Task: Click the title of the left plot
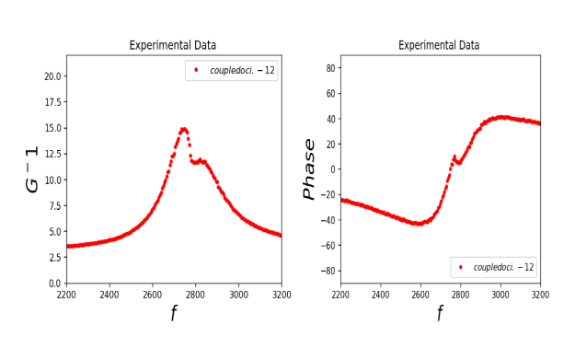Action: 173,45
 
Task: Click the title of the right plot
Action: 439,45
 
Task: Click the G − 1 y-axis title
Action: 33,169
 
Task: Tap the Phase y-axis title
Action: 309,169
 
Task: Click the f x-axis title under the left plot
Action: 173,314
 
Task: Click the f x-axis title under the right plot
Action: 439,314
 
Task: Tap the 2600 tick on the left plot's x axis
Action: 152,295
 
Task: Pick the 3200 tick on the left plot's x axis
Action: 282,295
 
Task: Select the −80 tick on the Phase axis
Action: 327,272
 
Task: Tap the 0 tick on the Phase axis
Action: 333,169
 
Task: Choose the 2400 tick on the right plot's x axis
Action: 380,295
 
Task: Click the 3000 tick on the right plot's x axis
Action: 500,295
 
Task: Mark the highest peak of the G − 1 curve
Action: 184,129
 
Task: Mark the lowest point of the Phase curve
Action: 420,224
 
